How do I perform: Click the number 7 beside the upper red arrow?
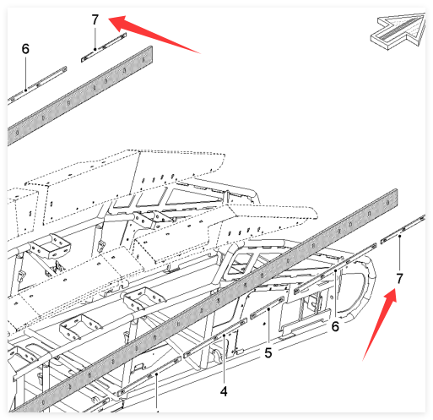[x=95, y=19]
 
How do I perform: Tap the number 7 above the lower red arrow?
[x=399, y=279]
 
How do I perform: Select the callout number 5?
[x=268, y=352]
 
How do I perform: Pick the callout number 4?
[x=224, y=391]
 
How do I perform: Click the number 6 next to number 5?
[x=335, y=326]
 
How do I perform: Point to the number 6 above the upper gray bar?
[x=25, y=49]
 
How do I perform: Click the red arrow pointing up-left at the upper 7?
[x=154, y=34]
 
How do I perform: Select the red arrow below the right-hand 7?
[x=380, y=324]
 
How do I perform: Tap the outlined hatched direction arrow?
[x=398, y=31]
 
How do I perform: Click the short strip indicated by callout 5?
[x=268, y=308]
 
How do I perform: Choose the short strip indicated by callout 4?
[x=215, y=337]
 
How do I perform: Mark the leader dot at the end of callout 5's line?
[x=268, y=309]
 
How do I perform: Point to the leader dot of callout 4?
[x=224, y=335]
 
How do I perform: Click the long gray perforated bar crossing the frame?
[x=203, y=301]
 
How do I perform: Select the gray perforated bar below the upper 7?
[x=80, y=95]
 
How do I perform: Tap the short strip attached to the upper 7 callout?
[x=104, y=47]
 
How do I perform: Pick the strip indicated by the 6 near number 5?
[x=335, y=269]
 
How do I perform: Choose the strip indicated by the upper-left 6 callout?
[x=37, y=84]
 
